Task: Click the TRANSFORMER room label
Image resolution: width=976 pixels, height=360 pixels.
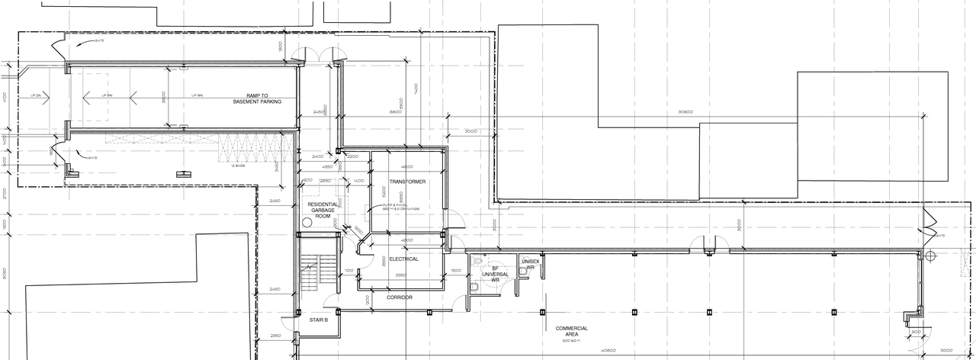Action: tap(407, 182)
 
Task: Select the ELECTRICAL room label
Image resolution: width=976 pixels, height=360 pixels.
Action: tap(403, 259)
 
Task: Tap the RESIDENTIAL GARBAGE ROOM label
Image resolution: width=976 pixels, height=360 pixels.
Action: tap(323, 211)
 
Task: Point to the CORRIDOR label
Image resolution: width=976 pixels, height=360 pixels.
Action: tap(399, 297)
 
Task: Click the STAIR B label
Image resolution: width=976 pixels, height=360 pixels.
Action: tap(318, 320)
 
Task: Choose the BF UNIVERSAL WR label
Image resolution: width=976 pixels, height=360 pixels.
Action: tap(495, 275)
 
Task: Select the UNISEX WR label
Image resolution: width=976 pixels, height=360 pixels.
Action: tap(531, 264)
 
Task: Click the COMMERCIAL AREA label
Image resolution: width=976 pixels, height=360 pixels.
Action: tap(571, 331)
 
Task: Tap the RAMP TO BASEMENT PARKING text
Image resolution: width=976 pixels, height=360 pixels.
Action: tap(257, 99)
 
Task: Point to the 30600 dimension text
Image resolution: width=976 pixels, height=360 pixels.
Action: tap(685, 112)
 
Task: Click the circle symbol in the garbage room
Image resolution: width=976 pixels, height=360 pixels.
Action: tap(308, 223)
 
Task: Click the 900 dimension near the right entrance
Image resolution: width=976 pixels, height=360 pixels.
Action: tap(915, 331)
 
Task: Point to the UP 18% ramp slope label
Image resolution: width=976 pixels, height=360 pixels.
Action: tap(197, 95)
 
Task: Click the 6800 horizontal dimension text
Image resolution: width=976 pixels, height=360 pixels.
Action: tap(395, 112)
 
